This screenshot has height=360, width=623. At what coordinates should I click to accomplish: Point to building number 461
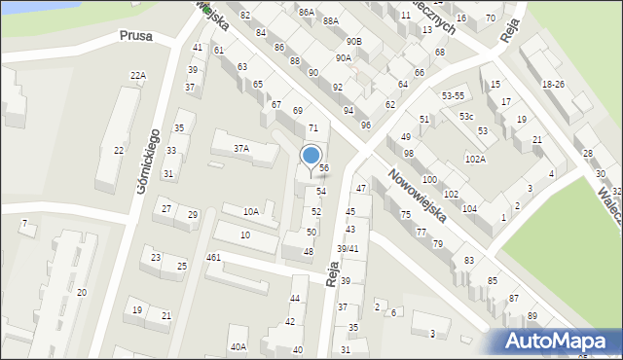tap(214, 258)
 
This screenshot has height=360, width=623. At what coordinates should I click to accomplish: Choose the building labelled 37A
tap(240, 149)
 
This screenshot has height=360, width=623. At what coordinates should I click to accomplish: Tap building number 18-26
tap(553, 85)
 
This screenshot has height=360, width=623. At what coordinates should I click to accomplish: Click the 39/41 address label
tap(348, 249)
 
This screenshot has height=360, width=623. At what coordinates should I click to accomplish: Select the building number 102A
tap(475, 159)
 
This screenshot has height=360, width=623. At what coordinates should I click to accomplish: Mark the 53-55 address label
tap(453, 96)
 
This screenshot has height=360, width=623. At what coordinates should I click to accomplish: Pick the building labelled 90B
tap(353, 42)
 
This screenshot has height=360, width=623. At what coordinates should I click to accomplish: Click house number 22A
tap(138, 76)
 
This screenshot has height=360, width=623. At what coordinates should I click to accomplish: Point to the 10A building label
tap(251, 212)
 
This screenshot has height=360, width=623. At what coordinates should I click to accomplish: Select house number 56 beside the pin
tap(324, 168)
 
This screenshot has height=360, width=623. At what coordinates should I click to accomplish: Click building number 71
tap(313, 128)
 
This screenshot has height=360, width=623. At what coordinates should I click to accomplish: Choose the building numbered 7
tap(24, 225)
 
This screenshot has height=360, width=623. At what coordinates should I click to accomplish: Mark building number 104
tap(469, 209)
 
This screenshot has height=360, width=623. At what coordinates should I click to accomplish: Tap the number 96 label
tap(365, 126)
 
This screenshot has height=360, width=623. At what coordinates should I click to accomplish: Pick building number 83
tap(468, 261)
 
